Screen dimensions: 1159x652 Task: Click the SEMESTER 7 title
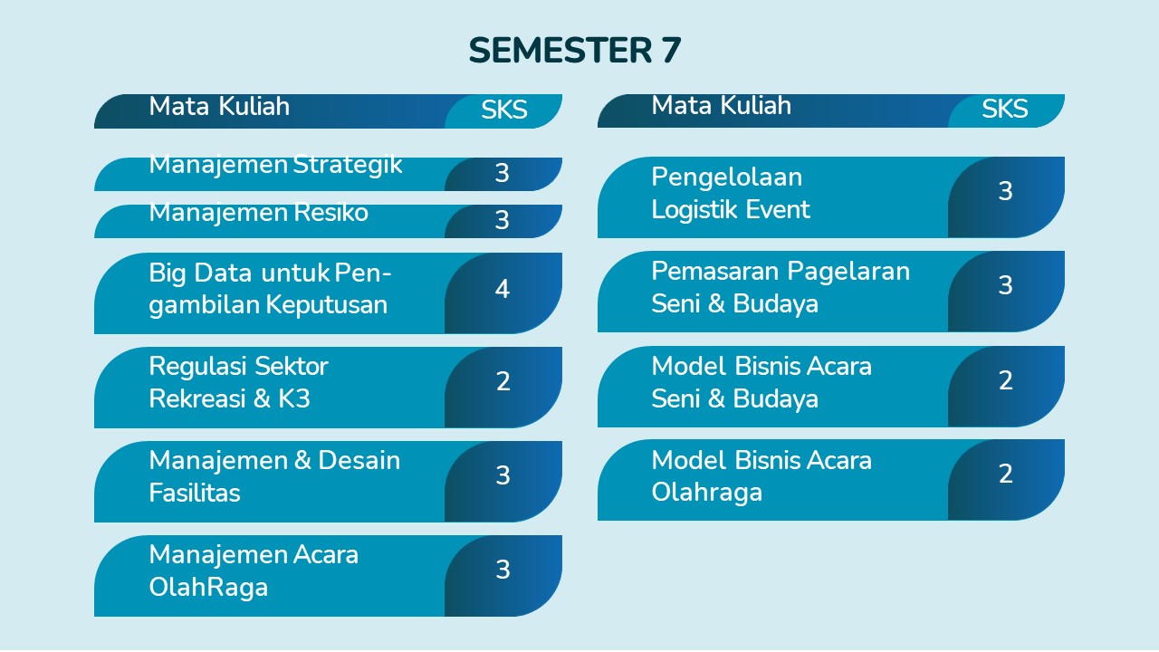[575, 50]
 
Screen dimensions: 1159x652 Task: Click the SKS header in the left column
[504, 110]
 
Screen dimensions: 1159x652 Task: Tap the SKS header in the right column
[1005, 109]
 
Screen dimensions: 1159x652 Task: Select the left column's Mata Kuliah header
[219, 107]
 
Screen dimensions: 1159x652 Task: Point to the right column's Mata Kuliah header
[722, 106]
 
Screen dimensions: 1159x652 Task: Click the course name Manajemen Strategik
[275, 166]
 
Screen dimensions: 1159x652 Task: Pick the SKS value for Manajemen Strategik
[502, 173]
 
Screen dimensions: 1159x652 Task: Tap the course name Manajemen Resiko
[259, 213]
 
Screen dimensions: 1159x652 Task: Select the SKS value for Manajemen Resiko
[502, 220]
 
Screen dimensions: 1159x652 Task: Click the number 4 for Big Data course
[503, 289]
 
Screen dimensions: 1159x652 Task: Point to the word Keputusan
[327, 305]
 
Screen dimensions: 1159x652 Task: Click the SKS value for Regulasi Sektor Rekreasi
[503, 381]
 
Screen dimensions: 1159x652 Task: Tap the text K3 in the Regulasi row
[294, 398]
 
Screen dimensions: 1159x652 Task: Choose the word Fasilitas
[195, 493]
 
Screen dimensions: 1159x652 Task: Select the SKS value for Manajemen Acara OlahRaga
[503, 570]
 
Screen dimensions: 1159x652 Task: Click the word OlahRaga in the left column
[208, 588]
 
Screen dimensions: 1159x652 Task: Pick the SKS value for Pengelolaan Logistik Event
[1005, 191]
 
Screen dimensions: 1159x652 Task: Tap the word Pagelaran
[848, 272]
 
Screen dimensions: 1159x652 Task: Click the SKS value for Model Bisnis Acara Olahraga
[1005, 474]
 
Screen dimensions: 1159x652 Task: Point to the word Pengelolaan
[727, 177]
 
